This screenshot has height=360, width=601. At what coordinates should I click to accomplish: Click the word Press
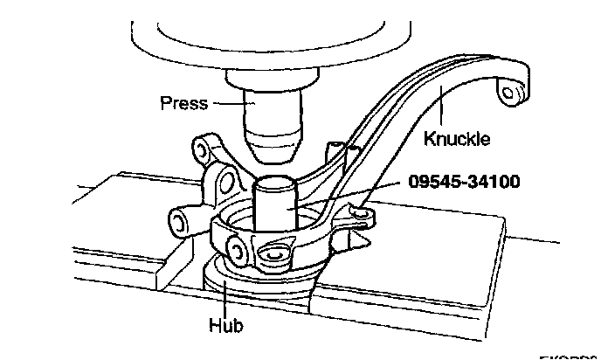tap(183, 103)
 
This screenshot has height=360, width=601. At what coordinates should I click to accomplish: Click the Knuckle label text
tap(456, 138)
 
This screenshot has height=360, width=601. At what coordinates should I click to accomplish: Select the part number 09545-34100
tap(464, 183)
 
